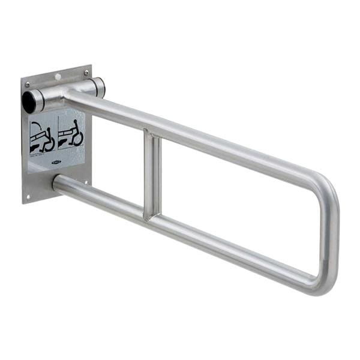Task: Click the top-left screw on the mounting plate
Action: (x=28, y=85)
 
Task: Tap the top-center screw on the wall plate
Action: (x=58, y=77)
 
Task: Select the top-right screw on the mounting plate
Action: (x=86, y=71)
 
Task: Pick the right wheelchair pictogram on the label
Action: (x=71, y=133)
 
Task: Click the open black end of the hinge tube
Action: (x=29, y=102)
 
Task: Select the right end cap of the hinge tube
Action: (x=100, y=86)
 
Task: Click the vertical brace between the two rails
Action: (x=152, y=174)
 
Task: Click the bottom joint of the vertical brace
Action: (x=153, y=215)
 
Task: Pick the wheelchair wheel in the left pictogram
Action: (x=49, y=143)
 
